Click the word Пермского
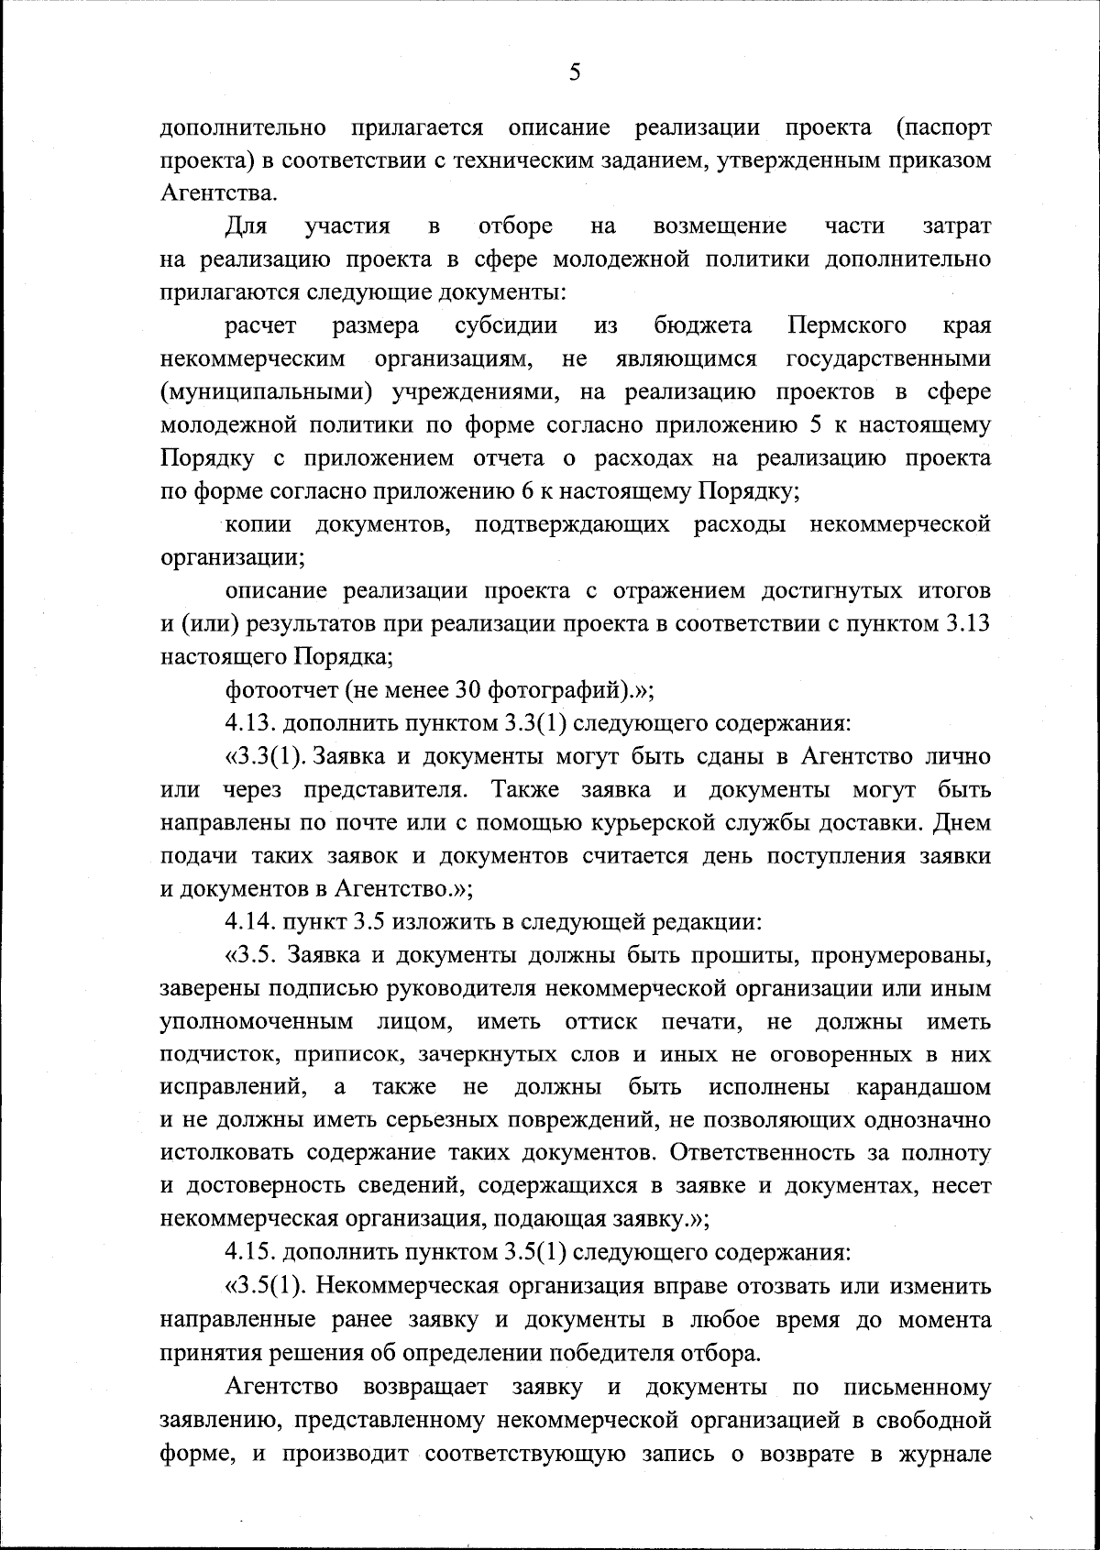coord(847,325)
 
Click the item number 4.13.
coord(250,723)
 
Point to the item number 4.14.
coord(250,921)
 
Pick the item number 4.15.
coord(250,1251)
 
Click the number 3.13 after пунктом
coord(966,624)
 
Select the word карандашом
coord(923,1087)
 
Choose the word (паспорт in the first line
coord(942,127)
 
